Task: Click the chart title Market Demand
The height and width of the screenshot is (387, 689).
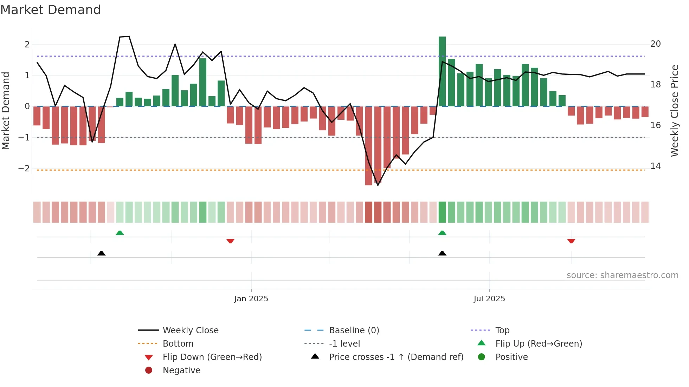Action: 51,10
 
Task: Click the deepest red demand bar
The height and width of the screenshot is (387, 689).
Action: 368,146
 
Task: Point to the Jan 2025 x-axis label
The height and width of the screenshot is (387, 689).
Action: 251,299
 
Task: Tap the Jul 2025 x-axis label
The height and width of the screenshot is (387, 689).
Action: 489,299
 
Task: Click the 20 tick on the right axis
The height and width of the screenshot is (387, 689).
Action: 655,44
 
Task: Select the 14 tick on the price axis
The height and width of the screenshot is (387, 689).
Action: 655,166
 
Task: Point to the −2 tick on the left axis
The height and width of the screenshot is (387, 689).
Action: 24,168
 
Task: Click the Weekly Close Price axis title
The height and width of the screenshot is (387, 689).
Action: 674,111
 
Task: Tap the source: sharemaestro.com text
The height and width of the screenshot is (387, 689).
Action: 622,275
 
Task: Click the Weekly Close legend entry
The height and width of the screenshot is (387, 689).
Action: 190,330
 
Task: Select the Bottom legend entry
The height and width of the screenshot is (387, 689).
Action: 178,344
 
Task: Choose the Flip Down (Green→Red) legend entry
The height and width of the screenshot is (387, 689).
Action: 212,357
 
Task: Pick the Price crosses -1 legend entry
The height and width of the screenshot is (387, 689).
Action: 396,357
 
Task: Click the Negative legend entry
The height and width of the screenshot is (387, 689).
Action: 181,370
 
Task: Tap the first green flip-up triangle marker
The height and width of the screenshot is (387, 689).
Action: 120,233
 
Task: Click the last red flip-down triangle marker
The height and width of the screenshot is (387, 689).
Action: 571,241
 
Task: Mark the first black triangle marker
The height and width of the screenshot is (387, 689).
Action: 101,253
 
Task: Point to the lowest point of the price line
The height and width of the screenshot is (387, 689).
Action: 378,185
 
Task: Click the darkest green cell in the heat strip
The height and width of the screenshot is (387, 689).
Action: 442,212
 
